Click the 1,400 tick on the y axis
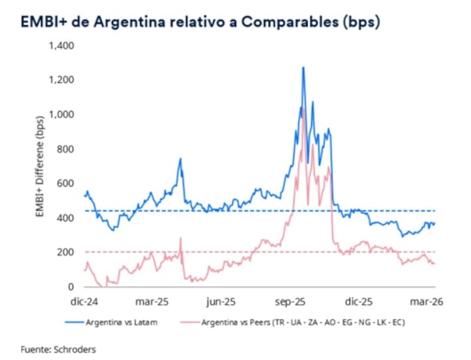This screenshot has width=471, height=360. [x=61, y=45]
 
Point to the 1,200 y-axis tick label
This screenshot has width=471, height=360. [x=61, y=80]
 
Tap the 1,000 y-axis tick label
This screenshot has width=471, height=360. [x=61, y=114]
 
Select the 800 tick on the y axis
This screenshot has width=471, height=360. [x=65, y=149]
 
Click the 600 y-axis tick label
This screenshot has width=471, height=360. [x=65, y=184]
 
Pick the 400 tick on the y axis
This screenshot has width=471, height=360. [x=65, y=218]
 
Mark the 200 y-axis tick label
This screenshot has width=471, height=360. [x=65, y=252]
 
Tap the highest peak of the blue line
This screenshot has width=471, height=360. [x=303, y=68]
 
